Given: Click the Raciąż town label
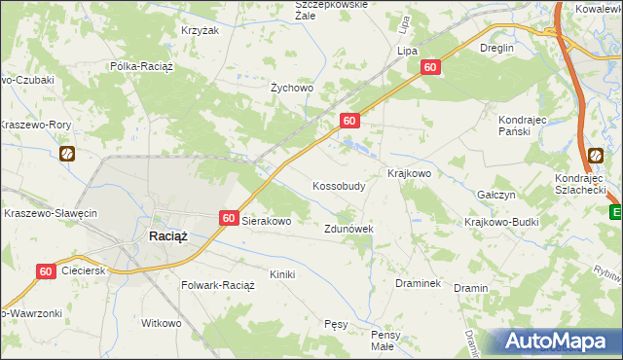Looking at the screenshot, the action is point(167,235).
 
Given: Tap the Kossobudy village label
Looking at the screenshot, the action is point(339,185).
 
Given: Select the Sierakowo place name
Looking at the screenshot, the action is point(267,221).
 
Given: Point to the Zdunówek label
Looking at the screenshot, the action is point(348,229).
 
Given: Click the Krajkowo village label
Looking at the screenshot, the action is point(409,173).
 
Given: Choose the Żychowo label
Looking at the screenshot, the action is point(291,89).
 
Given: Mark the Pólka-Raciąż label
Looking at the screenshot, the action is point(139,67).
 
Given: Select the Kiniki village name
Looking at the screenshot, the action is point(282,274).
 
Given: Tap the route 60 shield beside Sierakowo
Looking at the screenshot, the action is point(228,220).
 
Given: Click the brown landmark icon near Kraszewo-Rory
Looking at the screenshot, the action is point(67,154).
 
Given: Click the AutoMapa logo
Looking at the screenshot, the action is point(558,342).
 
